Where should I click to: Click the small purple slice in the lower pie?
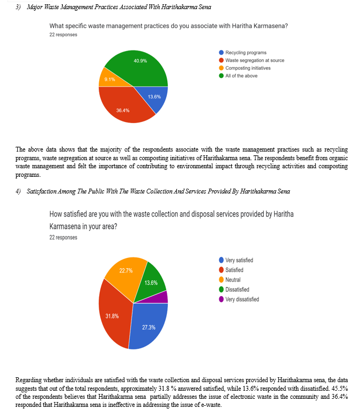(x=163, y=297)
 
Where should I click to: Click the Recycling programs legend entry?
(x=246, y=53)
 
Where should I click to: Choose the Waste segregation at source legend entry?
(x=255, y=60)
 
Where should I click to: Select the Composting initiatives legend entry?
(x=248, y=68)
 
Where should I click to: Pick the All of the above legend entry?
(x=241, y=76)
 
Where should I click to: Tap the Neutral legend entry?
(x=233, y=279)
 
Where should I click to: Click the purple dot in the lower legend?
(x=221, y=299)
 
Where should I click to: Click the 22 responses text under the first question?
(x=63, y=35)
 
